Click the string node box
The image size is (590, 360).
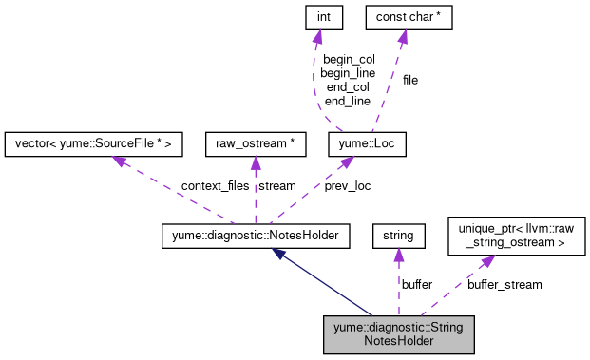[397, 233]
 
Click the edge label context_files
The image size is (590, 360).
[188, 186]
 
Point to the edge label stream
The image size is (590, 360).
[277, 186]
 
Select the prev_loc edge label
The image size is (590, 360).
[348, 186]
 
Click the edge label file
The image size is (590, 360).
[409, 80]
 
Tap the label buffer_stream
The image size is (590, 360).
[504, 284]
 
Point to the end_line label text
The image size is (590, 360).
[349, 101]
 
